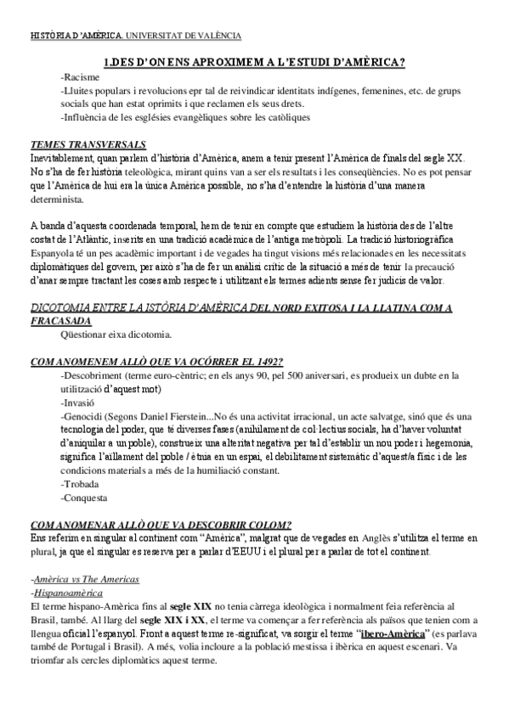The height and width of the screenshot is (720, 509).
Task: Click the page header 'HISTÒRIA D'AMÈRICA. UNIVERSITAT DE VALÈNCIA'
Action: pos(134,36)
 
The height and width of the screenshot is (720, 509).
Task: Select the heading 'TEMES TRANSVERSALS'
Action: pos(88,143)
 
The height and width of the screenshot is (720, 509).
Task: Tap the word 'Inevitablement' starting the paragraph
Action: pos(62,159)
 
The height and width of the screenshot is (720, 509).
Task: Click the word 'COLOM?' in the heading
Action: pos(269,524)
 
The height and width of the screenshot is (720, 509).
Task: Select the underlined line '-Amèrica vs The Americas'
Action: pos(85,578)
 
